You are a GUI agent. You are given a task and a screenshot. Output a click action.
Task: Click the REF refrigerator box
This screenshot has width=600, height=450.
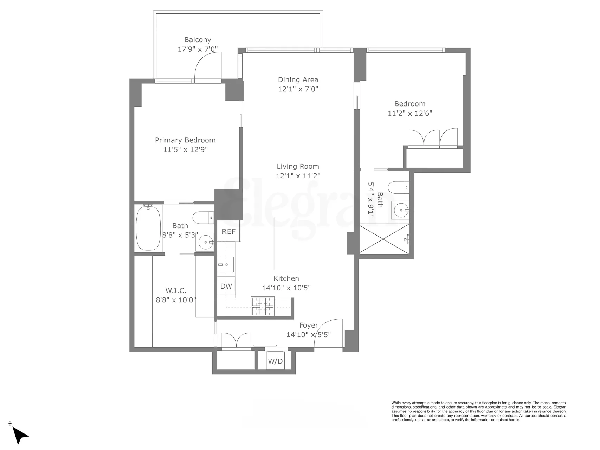click(x=228, y=232)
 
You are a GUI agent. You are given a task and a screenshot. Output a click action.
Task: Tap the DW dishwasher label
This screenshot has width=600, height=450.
click(x=226, y=286)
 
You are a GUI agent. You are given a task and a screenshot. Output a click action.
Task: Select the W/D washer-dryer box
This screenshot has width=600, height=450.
click(x=275, y=361)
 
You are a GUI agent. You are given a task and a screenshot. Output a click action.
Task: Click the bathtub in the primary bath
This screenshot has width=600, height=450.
click(x=148, y=228)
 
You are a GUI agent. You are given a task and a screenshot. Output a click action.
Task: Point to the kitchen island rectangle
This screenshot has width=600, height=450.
click(x=286, y=243)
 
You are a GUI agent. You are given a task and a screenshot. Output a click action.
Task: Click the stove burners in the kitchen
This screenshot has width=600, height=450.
click(x=263, y=306)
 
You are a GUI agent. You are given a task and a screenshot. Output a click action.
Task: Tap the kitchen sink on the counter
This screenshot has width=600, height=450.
click(x=226, y=264)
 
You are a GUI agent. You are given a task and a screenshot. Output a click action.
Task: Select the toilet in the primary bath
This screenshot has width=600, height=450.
click(x=203, y=217)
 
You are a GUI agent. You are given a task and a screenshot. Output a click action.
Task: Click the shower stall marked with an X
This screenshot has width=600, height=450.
click(x=384, y=239)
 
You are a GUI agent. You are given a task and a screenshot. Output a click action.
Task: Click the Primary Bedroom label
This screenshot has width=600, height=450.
click(x=185, y=140)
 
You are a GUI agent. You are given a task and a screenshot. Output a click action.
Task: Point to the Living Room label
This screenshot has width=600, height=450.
click(x=298, y=166)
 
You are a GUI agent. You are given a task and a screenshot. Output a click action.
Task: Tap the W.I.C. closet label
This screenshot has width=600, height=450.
click(x=176, y=291)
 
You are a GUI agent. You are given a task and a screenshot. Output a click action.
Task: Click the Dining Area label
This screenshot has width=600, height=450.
click(x=298, y=80)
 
